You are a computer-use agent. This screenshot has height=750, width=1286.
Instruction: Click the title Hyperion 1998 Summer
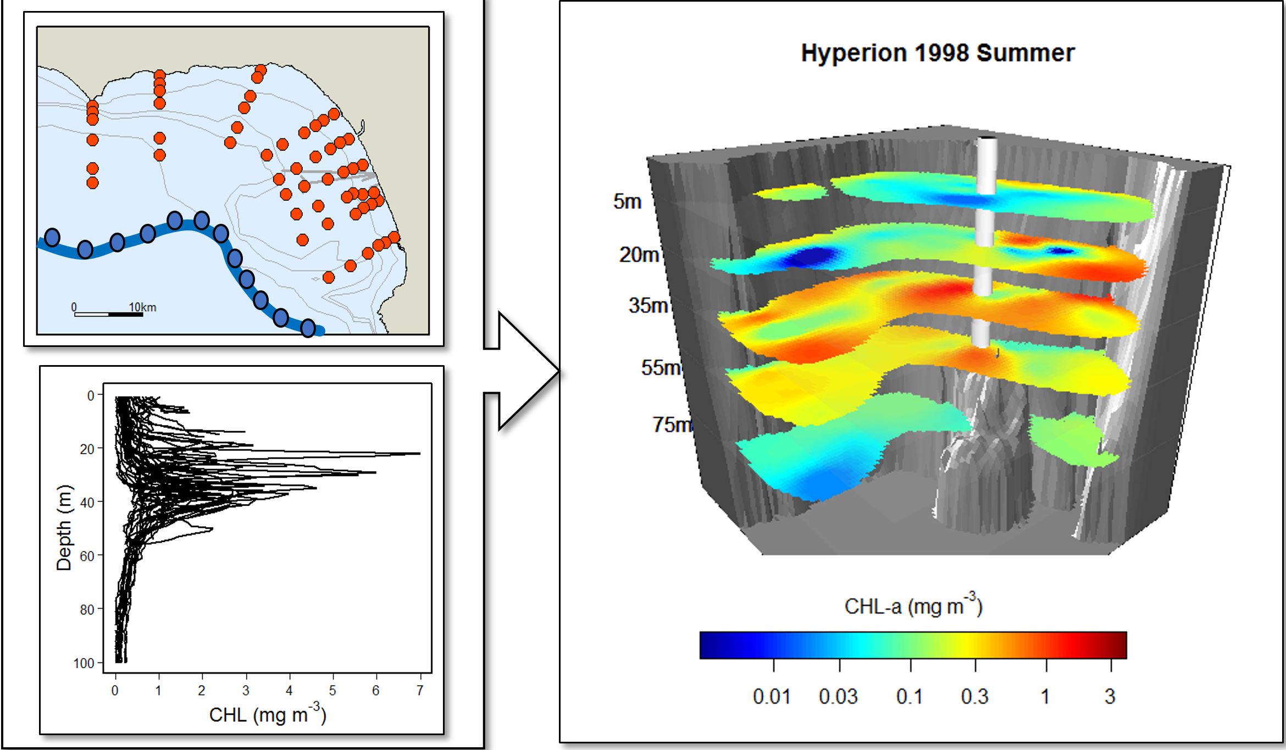click(x=938, y=53)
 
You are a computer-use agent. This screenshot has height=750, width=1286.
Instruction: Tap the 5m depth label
click(x=627, y=202)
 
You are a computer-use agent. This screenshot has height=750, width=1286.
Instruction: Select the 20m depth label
click(x=639, y=255)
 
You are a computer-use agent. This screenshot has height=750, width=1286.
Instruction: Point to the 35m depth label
click(x=648, y=306)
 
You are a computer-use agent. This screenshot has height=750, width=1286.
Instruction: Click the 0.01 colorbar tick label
click(x=772, y=697)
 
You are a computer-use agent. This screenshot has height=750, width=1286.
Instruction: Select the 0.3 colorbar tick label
click(x=974, y=697)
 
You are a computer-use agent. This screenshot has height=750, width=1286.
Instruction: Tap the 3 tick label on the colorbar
click(x=1110, y=697)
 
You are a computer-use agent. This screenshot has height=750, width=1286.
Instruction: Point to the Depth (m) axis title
click(x=64, y=528)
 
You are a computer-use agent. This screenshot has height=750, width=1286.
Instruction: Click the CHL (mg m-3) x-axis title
click(x=268, y=714)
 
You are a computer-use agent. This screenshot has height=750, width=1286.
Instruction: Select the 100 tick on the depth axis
click(x=84, y=663)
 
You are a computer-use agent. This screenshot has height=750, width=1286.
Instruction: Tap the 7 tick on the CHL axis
click(x=420, y=691)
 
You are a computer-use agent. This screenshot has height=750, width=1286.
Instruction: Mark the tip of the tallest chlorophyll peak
click(x=420, y=454)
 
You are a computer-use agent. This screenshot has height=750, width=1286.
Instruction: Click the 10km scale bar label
click(x=142, y=307)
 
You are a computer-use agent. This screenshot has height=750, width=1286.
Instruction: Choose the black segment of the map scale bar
click(x=125, y=315)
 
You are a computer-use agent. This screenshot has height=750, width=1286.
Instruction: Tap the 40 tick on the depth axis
click(x=87, y=502)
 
